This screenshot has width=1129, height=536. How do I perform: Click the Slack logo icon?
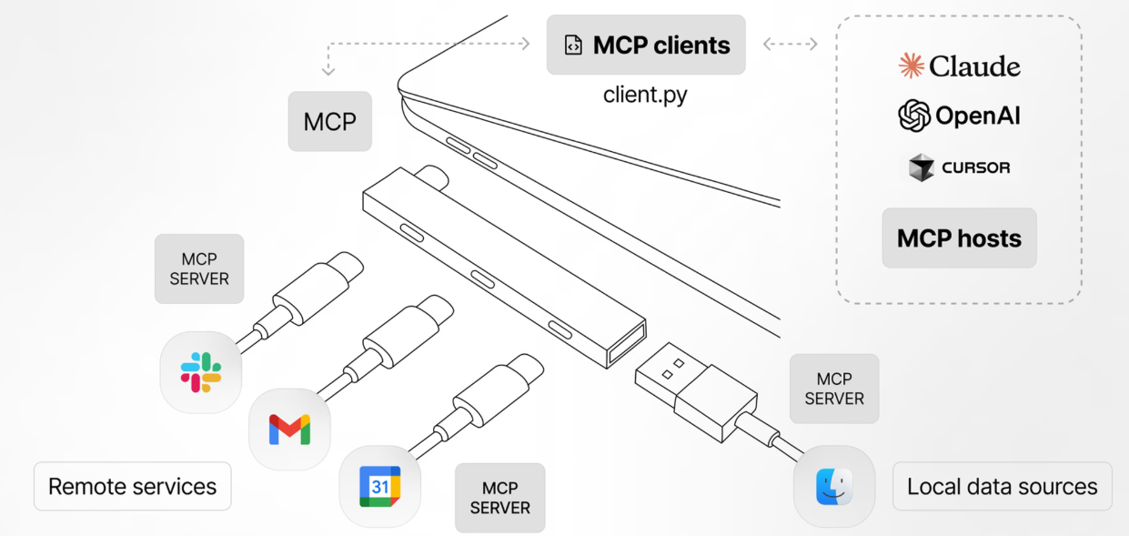tap(200, 372)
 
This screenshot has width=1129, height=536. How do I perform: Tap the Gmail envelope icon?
tap(289, 430)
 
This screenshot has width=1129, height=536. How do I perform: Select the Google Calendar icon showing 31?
tap(380, 487)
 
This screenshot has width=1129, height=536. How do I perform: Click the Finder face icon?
tap(834, 487)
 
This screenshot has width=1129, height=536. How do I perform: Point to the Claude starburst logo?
tap(912, 66)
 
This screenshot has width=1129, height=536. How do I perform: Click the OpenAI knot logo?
tap(914, 116)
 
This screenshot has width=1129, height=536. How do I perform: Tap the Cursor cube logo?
tap(922, 167)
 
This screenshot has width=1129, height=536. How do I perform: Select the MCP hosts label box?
tap(959, 238)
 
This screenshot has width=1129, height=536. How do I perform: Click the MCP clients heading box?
tap(646, 45)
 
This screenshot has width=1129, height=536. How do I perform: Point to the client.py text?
tap(645, 95)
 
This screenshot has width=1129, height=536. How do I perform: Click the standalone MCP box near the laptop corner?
tap(330, 121)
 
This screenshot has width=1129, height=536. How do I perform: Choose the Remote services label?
tap(133, 486)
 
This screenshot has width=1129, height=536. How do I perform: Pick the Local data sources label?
tap(1002, 486)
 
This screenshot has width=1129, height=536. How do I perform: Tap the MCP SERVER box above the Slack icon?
tap(199, 268)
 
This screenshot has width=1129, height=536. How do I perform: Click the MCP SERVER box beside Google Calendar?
tap(500, 498)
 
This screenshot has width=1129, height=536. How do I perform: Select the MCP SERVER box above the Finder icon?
tap(834, 389)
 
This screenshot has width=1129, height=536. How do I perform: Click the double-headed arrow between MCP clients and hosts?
tap(791, 44)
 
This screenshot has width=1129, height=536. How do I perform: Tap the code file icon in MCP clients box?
tap(573, 45)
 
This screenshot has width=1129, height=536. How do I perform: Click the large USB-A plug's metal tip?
tap(670, 371)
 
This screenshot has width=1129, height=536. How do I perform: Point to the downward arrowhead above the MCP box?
tap(328, 71)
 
